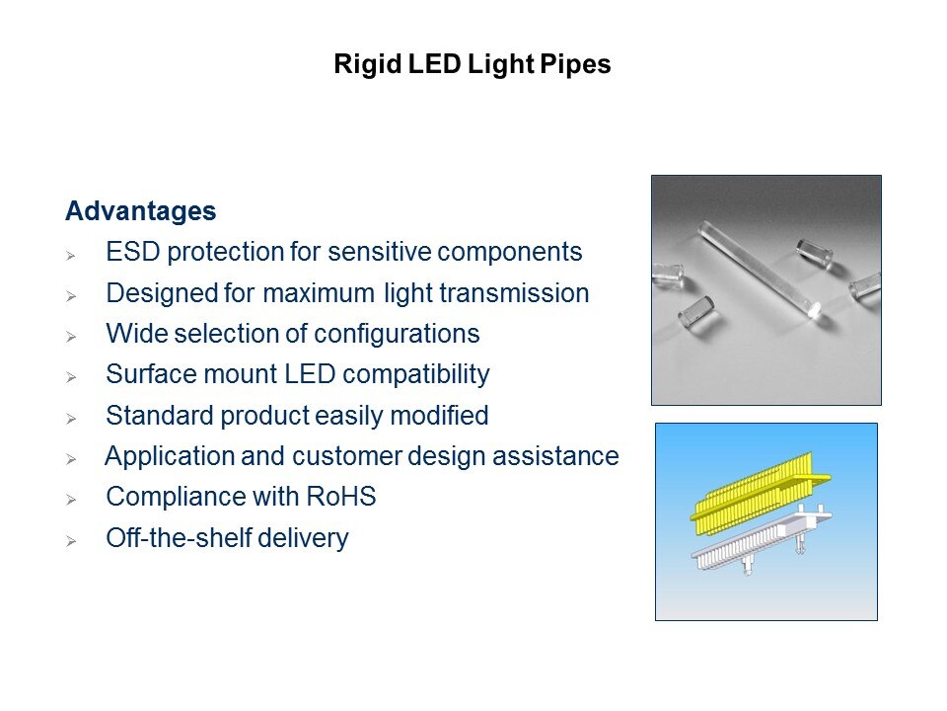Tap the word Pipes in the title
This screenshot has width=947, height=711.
575,64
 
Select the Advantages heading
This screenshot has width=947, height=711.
141,211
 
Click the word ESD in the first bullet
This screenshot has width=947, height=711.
132,252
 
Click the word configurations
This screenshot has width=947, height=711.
397,334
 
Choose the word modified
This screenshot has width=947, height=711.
439,416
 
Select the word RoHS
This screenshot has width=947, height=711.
341,497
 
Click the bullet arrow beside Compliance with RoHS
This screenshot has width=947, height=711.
71,500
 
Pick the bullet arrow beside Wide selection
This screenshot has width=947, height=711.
71,336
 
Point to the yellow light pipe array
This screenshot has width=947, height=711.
760,494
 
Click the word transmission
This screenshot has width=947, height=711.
514,293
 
